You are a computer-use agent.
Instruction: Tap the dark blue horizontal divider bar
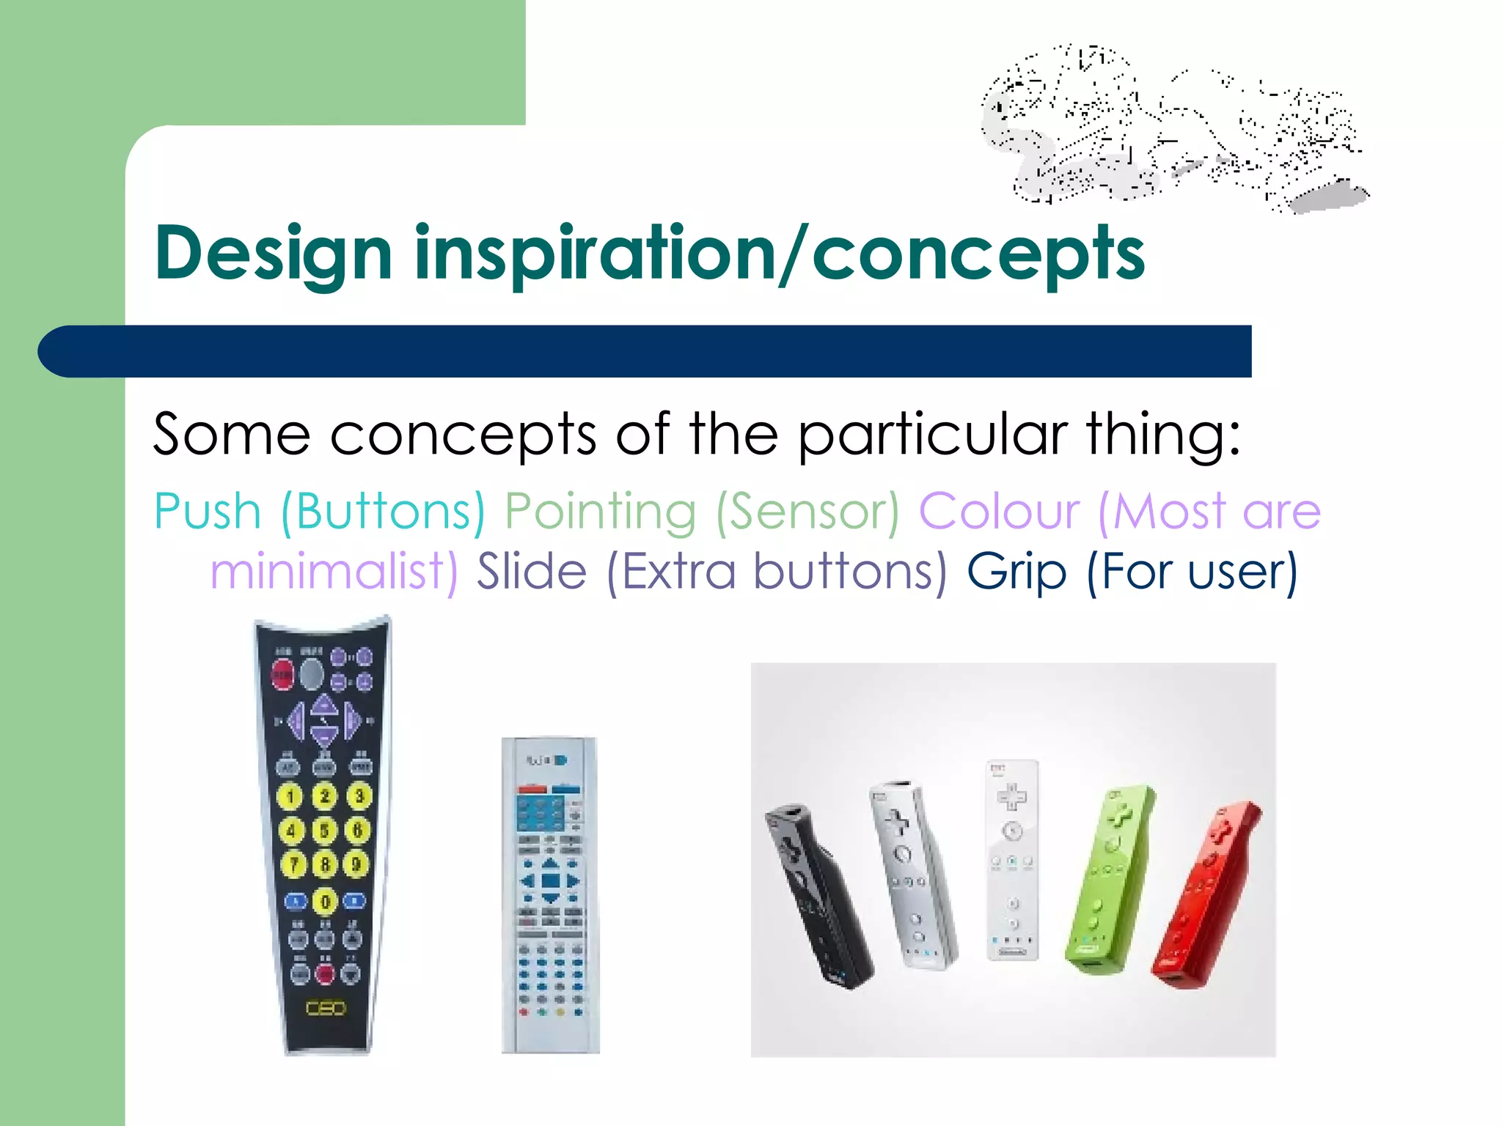(x=645, y=351)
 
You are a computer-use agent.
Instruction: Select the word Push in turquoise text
(x=208, y=511)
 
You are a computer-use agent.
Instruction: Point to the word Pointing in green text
(x=600, y=512)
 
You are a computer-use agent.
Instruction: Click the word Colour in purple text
(x=999, y=511)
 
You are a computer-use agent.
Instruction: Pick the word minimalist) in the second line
(x=334, y=572)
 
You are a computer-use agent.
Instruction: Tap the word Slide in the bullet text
(x=532, y=572)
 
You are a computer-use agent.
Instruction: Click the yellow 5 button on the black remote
(x=324, y=831)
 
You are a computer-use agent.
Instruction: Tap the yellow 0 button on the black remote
(x=325, y=901)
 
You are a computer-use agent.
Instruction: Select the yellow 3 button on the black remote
(x=359, y=795)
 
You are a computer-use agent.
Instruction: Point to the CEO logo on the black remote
(x=325, y=1009)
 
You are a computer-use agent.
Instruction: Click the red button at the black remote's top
(x=283, y=674)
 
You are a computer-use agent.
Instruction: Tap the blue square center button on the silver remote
(x=550, y=880)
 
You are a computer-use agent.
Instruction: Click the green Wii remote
(x=1107, y=880)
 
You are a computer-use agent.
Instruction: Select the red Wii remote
(x=1203, y=898)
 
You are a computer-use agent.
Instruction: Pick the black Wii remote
(x=818, y=898)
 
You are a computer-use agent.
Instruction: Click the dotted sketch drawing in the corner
(x=1173, y=128)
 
